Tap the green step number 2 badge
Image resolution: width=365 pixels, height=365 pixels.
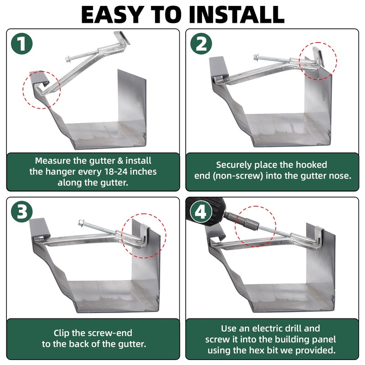201,44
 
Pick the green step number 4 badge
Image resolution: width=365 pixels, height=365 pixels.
201,211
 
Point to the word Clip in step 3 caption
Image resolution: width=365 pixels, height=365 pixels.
63,333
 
